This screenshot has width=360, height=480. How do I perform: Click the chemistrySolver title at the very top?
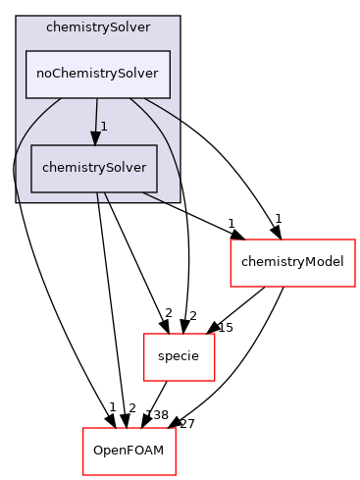point(97,27)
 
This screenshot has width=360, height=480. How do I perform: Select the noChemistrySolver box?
point(97,74)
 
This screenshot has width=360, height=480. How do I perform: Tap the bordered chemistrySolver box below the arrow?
point(94,168)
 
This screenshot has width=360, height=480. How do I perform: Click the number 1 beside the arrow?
point(103,127)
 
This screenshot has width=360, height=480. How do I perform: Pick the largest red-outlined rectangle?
point(292,263)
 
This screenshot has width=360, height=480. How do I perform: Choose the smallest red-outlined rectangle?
point(180,357)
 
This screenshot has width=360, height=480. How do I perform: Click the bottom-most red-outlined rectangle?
point(129,452)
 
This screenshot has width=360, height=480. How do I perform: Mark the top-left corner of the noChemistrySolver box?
point(26,50)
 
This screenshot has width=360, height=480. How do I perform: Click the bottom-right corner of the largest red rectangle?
point(355,287)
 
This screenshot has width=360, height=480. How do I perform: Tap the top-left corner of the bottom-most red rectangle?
point(82,428)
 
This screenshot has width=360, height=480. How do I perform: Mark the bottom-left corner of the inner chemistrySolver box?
point(31,191)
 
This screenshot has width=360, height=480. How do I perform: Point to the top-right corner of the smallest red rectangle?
point(215,334)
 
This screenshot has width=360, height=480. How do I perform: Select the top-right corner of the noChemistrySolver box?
point(170,50)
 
